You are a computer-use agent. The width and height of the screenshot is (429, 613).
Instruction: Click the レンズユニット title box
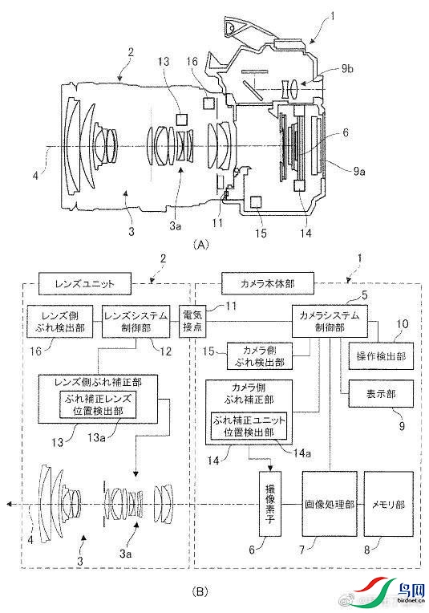[x=85, y=283]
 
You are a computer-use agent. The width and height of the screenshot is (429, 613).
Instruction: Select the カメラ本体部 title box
[x=268, y=283]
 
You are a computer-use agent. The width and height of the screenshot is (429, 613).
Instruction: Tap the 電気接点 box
[x=192, y=321]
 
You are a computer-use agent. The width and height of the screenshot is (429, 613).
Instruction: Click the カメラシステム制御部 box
[x=330, y=321]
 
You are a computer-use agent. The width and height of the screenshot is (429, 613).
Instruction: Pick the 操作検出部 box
[x=381, y=356]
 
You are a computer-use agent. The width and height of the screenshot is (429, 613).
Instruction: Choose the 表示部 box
[x=381, y=394]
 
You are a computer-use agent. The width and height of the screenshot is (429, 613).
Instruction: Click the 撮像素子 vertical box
[x=270, y=504]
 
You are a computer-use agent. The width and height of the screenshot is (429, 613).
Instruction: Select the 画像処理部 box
[x=330, y=504]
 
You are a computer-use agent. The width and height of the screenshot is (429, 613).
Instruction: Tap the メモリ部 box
[x=389, y=504]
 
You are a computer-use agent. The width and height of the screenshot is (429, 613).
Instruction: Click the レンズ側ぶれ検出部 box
[x=60, y=321]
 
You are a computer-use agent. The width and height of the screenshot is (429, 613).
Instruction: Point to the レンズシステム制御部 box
[x=136, y=321]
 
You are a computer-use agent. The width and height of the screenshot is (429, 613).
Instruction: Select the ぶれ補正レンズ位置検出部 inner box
[x=98, y=404]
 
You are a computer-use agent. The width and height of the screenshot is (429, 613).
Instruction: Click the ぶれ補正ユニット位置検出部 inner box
[x=249, y=426]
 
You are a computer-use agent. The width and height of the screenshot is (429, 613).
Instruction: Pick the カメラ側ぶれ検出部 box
[x=260, y=356]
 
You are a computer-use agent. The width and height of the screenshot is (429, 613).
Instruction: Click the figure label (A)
[x=201, y=245]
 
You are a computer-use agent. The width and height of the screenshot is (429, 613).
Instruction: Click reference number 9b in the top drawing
[x=347, y=69]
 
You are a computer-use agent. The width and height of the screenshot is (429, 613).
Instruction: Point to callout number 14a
[x=302, y=453]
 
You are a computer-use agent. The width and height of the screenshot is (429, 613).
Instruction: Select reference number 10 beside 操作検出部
[x=402, y=323]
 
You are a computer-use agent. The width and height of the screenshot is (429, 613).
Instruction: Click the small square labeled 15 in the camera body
[x=256, y=201]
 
